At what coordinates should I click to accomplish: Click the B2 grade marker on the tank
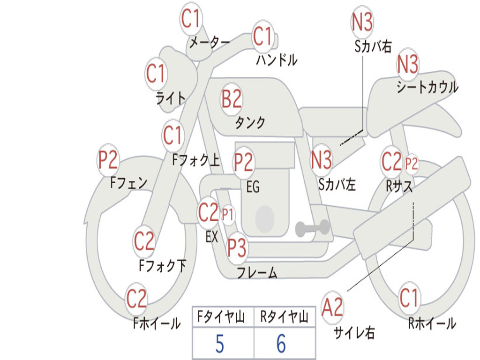(232, 99)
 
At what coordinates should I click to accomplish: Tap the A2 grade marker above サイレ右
(332, 307)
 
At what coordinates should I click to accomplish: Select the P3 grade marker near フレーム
(237, 247)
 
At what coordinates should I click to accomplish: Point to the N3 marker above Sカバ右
(362, 22)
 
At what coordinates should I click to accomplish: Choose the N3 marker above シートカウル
(407, 64)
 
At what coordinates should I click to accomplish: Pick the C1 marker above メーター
(190, 19)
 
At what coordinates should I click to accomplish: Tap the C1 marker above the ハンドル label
(262, 36)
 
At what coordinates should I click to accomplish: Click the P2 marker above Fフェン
(108, 160)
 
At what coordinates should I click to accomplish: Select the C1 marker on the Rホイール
(409, 298)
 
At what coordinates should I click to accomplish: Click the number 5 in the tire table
(220, 344)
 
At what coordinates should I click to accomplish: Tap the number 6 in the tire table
(281, 344)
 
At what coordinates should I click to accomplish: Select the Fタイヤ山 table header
(221, 317)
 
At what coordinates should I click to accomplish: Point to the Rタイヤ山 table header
(284, 317)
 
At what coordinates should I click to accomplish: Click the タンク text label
(250, 122)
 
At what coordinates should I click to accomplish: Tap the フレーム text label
(257, 272)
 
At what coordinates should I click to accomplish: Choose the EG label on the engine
(253, 187)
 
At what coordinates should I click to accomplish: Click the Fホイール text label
(157, 323)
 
